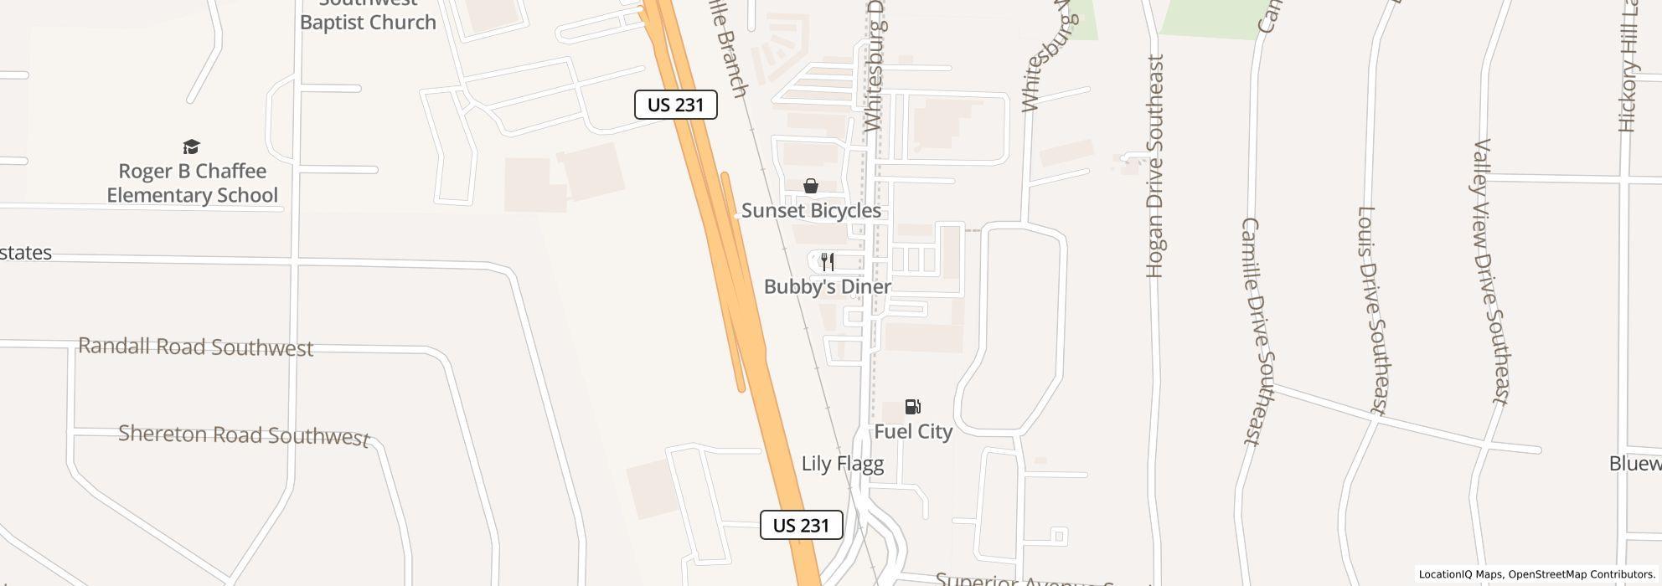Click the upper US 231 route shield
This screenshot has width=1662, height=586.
click(675, 105)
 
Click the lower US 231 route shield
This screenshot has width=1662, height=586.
click(801, 525)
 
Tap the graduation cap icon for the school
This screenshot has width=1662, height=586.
click(192, 147)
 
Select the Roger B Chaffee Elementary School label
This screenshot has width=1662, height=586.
click(193, 183)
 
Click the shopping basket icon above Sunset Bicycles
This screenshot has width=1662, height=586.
click(810, 186)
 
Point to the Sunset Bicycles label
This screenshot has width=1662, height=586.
click(811, 211)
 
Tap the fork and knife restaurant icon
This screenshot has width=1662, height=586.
click(828, 262)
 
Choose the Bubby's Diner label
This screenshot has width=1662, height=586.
click(828, 287)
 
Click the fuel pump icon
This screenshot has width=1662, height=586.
click(912, 407)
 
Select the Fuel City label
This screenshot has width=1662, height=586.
click(913, 432)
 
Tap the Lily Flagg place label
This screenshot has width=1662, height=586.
click(842, 464)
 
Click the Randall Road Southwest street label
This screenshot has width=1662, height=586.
click(195, 347)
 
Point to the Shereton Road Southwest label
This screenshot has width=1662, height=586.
click(244, 435)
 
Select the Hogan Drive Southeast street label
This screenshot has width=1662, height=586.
click(1155, 166)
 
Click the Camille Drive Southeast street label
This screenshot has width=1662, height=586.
click(1253, 331)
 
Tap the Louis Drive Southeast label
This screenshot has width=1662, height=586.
click(1372, 311)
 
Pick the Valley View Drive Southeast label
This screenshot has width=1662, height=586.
click(1493, 272)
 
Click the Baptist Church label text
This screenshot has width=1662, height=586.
click(368, 23)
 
